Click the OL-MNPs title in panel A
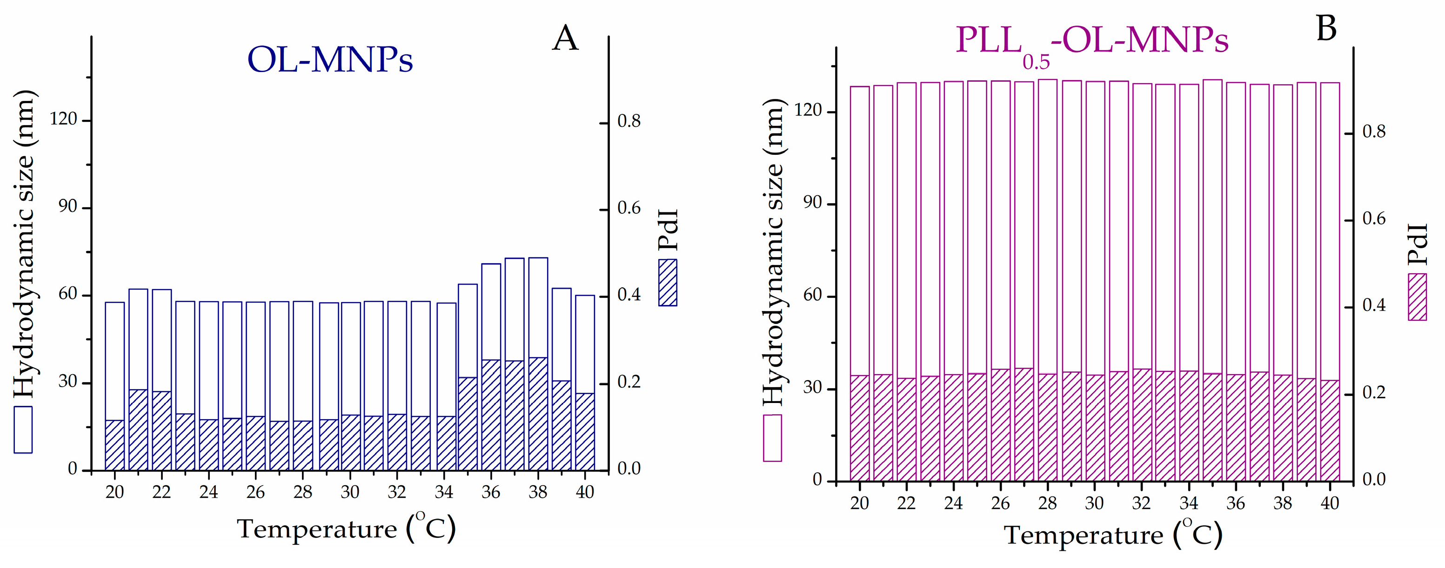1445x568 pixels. click(330, 59)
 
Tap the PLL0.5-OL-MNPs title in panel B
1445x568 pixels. click(1091, 41)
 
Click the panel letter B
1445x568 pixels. click(1326, 28)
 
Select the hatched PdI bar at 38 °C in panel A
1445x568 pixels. click(538, 414)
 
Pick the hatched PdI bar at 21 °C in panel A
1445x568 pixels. click(138, 429)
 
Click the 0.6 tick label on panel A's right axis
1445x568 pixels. click(629, 208)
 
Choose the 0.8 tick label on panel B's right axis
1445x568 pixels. click(1374, 132)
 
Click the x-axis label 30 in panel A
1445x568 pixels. click(349, 492)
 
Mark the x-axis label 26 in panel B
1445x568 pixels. click(1000, 503)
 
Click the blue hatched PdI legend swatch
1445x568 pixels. click(668, 283)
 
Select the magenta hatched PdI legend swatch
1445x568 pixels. click(1417, 297)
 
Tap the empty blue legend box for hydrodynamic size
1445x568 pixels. click(23, 429)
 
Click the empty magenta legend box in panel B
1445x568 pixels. click(772, 438)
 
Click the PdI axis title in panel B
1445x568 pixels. click(1417, 244)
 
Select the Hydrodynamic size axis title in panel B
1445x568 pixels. click(774, 252)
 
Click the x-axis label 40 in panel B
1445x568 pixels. click(1330, 503)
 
